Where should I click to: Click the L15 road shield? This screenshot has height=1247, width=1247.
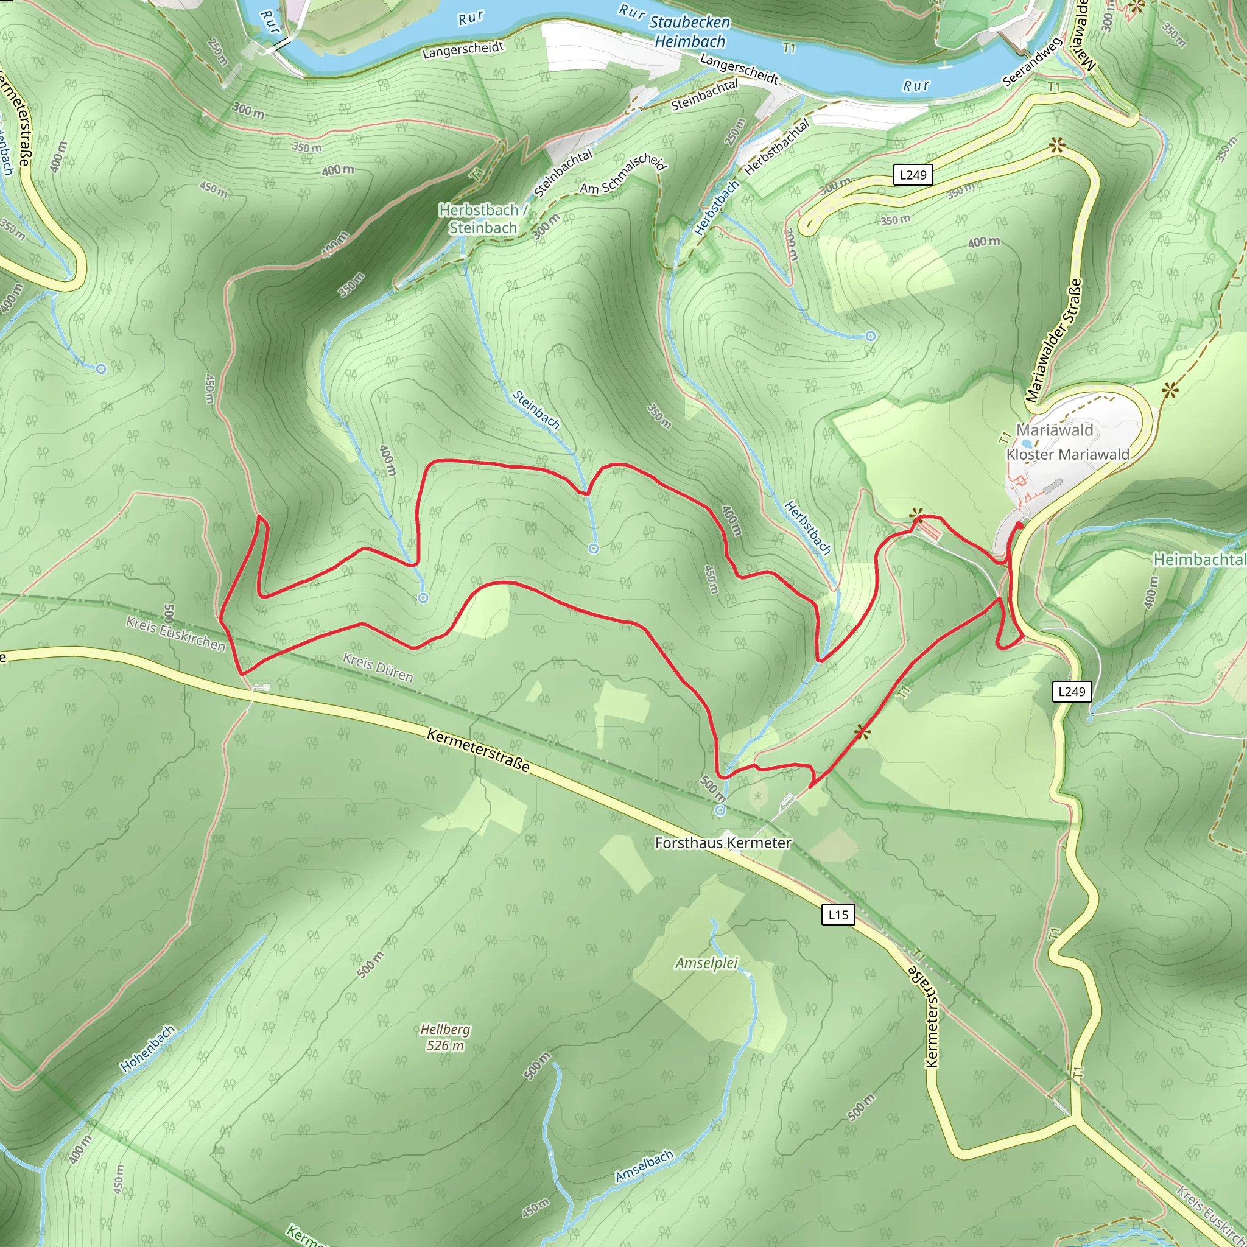[838, 915]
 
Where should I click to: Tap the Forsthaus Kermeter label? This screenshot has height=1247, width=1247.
[722, 843]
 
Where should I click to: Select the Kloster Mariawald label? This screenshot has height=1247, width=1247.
[1067, 454]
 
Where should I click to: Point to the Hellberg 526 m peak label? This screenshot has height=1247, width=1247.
[444, 1037]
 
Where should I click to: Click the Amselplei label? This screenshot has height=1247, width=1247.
[706, 963]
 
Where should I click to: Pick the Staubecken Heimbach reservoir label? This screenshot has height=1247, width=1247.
[689, 32]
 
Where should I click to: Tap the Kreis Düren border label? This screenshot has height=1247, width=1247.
[378, 667]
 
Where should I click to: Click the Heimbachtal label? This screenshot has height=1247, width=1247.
[1200, 559]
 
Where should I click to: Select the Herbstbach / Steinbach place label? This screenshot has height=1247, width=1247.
[483, 219]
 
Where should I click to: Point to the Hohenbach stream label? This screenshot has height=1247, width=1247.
[148, 1049]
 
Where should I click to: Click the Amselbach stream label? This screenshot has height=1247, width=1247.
[644, 1167]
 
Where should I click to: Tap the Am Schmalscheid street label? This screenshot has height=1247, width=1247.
[622, 174]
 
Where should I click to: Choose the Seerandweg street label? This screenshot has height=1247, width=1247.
[1032, 63]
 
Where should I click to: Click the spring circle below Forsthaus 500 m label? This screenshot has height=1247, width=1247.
[720, 810]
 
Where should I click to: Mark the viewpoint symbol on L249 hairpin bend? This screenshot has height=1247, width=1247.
[1056, 146]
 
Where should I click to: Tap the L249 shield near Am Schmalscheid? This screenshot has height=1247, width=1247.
[913, 175]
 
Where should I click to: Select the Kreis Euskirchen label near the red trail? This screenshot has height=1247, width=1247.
[175, 634]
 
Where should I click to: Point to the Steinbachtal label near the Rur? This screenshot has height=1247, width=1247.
[704, 95]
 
